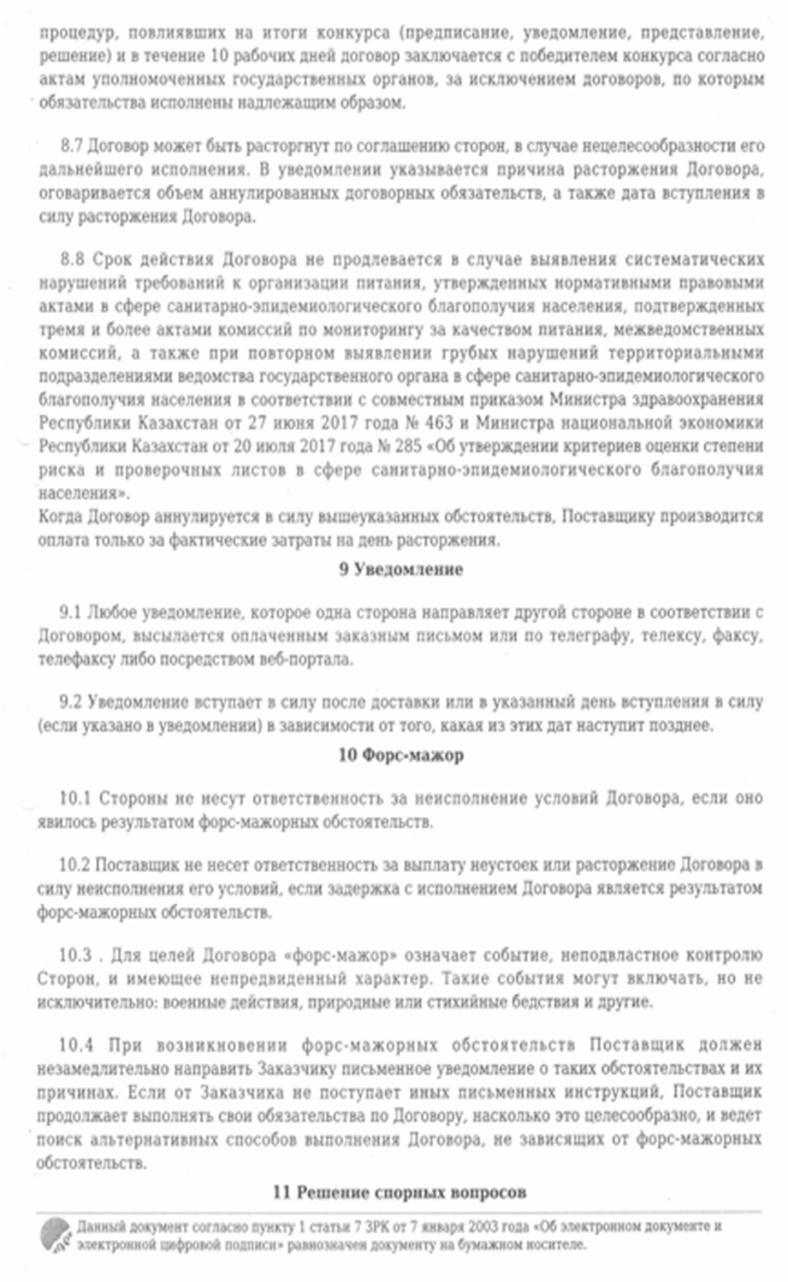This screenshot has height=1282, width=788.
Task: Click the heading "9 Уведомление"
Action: [x=400, y=570]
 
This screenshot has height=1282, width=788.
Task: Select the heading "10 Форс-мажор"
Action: [x=400, y=755]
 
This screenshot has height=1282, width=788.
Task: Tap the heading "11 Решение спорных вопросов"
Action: [x=399, y=1191]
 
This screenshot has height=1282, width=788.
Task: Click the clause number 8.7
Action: [x=72, y=146]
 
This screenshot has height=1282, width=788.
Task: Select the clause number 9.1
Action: [x=71, y=613]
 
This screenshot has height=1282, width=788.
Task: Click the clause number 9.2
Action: [x=71, y=703]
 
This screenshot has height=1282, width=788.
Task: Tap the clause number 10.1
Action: [x=74, y=799]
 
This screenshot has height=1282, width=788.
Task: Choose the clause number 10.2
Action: [x=74, y=865]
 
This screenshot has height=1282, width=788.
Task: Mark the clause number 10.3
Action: [x=75, y=955]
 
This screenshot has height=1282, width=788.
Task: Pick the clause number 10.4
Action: [x=75, y=1045]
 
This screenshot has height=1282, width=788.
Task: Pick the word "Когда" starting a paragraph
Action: [x=60, y=517]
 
